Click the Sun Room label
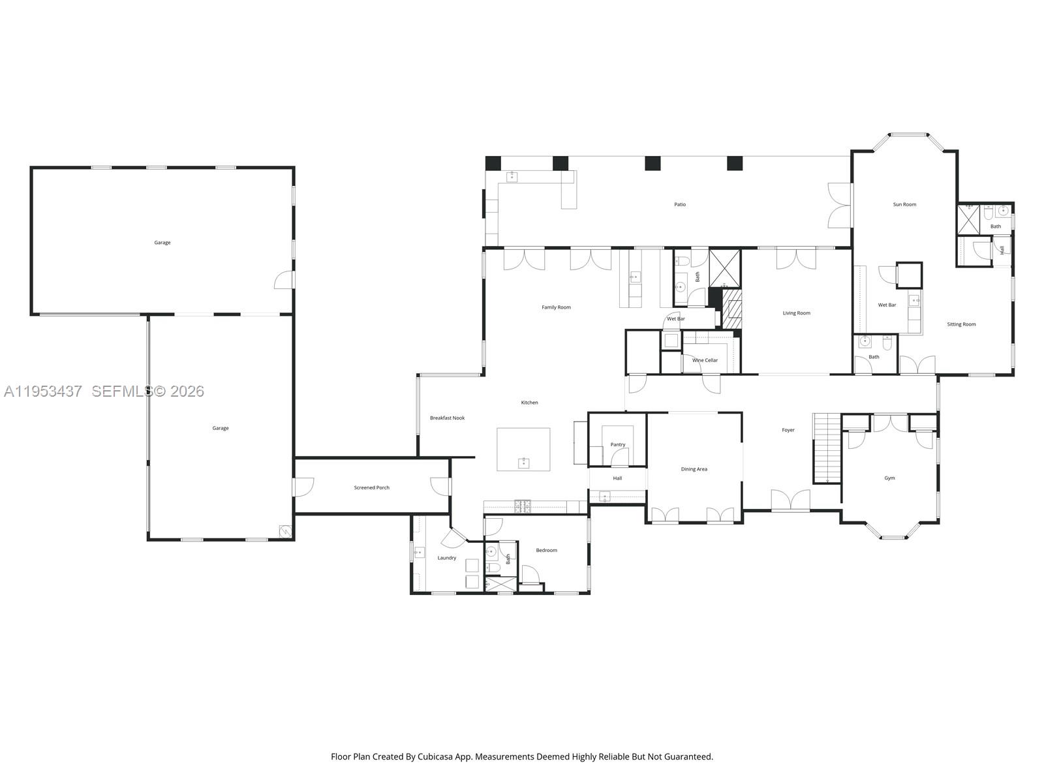[x=904, y=204]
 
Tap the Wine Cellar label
[x=705, y=360]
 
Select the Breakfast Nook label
[x=447, y=418]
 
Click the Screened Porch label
[x=371, y=487]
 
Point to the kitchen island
[x=523, y=449]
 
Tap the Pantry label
[x=617, y=444]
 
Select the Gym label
[x=889, y=478]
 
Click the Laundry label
[x=447, y=558]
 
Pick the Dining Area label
[x=694, y=469]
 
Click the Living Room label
[x=796, y=313]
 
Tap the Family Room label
[x=556, y=307]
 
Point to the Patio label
[x=680, y=204]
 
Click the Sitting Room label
[x=961, y=324]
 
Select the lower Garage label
[x=221, y=428]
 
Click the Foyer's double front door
[x=791, y=501]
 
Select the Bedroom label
[x=546, y=550]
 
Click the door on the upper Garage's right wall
[x=285, y=280]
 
